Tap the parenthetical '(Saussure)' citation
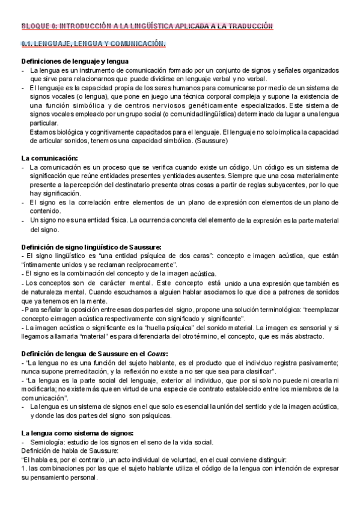point(208,141)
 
